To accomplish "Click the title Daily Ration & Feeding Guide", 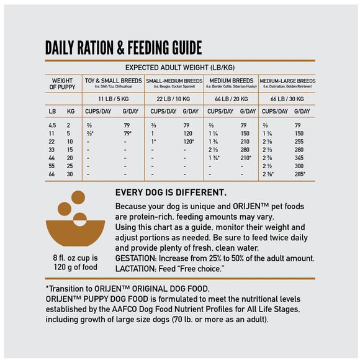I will pyautogui.click(x=124, y=48).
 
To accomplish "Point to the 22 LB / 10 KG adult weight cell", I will pyautogui.click(x=173, y=99).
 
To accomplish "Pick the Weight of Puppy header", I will pyautogui.click(x=62, y=84).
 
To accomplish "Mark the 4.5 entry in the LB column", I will pyautogui.click(x=53, y=125).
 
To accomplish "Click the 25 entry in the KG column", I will pyautogui.click(x=70, y=166).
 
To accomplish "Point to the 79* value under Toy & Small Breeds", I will pyautogui.click(x=128, y=133).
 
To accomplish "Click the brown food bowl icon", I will pyautogui.click(x=69, y=220).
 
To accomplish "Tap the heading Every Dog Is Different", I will pyautogui.click(x=171, y=192).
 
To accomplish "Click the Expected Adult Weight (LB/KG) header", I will pyautogui.click(x=180, y=67).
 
